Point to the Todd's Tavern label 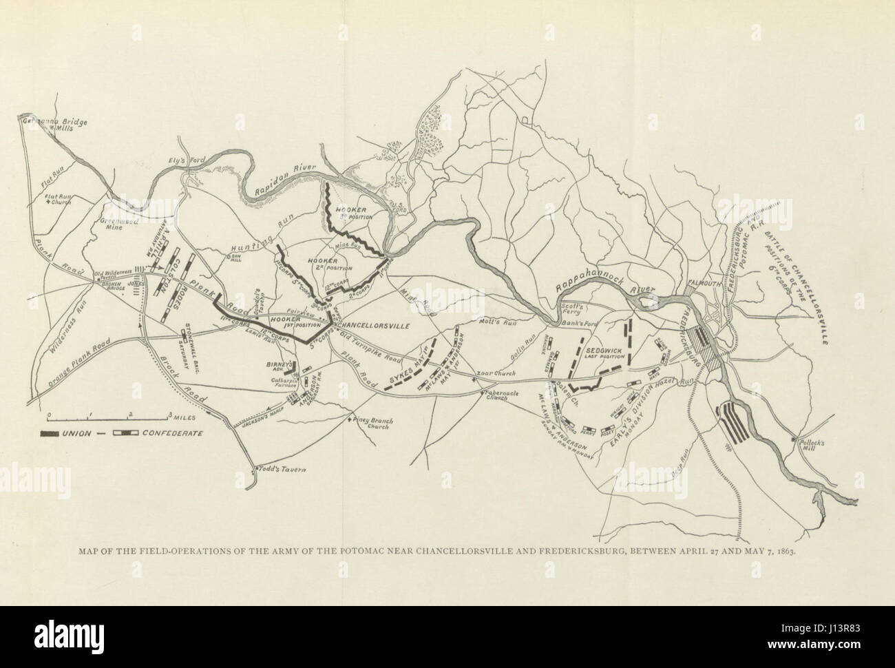281,470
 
